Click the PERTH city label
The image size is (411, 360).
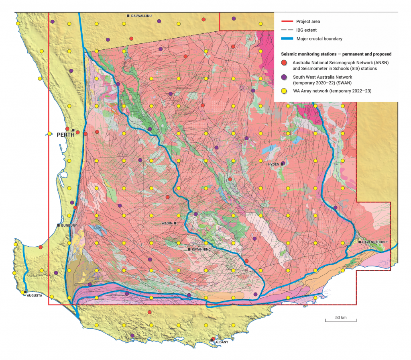[65, 135]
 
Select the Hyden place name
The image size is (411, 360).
[274, 164]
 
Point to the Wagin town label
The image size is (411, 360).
[167, 223]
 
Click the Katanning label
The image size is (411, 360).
[201, 250]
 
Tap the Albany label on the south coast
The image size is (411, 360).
[222, 342]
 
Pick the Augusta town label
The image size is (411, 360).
[35, 295]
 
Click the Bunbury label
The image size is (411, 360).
[68, 225]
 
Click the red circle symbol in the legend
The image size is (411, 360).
[283, 63]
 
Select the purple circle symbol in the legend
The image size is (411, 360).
[283, 77]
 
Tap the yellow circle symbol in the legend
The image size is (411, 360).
[283, 92]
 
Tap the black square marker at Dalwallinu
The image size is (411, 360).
[128, 16]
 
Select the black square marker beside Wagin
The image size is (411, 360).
[175, 223]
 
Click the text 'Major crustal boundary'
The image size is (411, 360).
[319, 39]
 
